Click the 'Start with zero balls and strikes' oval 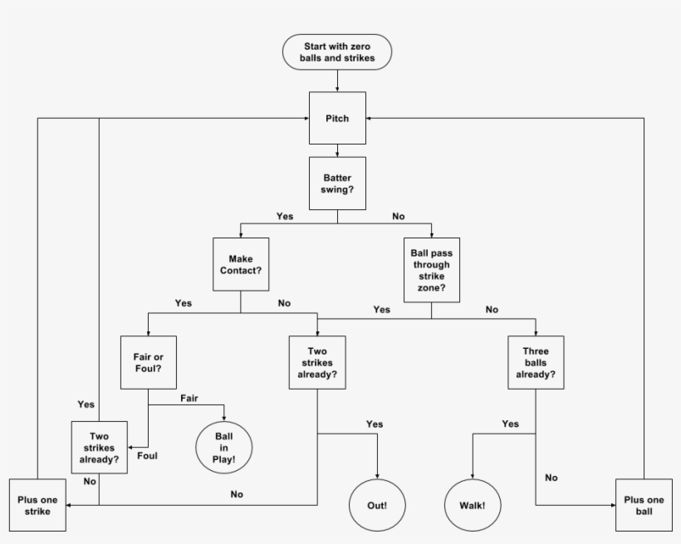337,51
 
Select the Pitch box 337,119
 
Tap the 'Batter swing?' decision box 337,184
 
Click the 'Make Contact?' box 241,264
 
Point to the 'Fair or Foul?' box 148,362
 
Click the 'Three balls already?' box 536,363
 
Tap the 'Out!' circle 377,505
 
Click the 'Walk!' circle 473,505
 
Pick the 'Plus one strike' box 37,505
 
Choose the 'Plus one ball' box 644,505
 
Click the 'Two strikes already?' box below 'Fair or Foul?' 99,448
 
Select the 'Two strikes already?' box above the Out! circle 317,363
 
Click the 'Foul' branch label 148,455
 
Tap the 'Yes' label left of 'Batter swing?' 285,216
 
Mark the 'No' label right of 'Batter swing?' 399,216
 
